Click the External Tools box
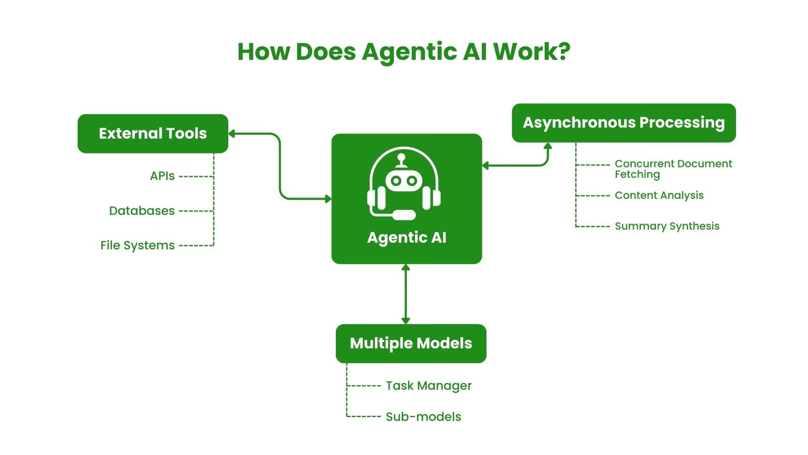153,134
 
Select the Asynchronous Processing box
624,123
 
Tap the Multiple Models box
411,343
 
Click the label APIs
162,176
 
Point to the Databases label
142,211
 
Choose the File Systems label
137,245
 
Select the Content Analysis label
659,195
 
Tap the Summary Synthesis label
667,226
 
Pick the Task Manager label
428,385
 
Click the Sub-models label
423,417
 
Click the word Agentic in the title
409,52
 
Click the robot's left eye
396,181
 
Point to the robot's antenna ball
401,158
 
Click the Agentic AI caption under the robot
407,238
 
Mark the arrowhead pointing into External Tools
231,134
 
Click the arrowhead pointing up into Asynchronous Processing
548,146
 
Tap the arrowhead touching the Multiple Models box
406,321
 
